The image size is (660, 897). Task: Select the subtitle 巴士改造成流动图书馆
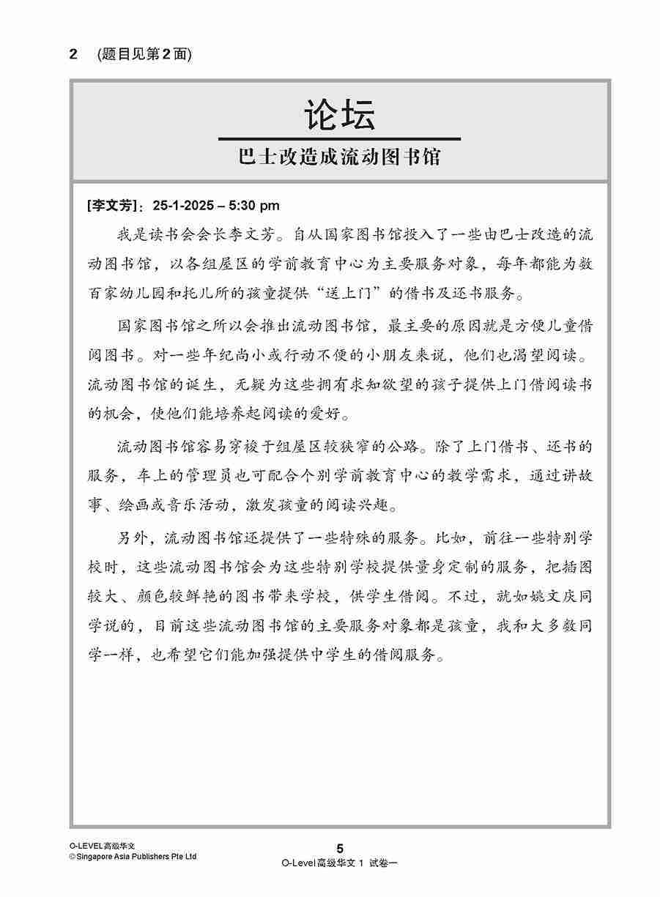click(340, 157)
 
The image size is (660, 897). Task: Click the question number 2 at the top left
click(73, 54)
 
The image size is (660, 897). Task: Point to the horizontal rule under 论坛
click(340, 138)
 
